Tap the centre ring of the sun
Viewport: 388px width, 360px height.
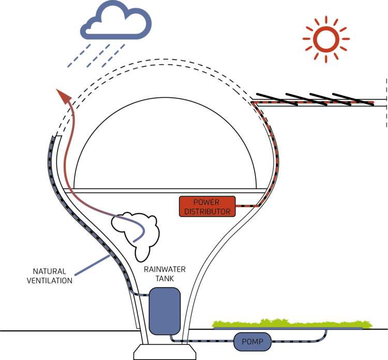click(326, 39)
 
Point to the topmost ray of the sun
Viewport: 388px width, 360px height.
click(326, 19)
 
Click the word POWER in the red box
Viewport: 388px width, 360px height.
click(206, 202)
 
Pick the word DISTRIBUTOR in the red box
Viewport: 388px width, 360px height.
click(207, 211)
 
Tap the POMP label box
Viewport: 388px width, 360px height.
click(252, 342)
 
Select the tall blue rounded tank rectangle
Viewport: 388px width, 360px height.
click(165, 311)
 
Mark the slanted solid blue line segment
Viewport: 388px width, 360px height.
click(93, 265)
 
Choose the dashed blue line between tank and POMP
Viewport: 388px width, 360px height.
click(202, 341)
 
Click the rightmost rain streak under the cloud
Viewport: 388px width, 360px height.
click(120, 49)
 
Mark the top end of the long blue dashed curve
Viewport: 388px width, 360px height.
click(53, 138)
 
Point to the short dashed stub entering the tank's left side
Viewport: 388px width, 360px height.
click(142, 295)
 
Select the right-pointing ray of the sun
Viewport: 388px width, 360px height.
click(345, 39)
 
